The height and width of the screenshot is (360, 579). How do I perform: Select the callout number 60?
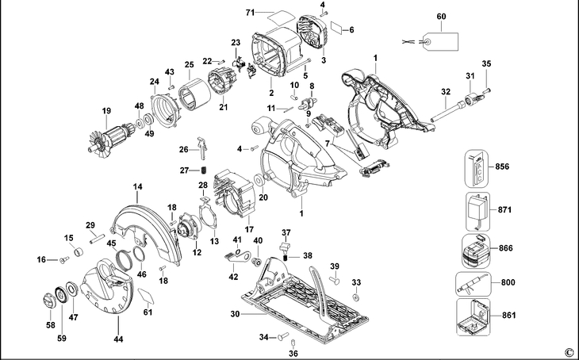pyautogui.click(x=441, y=15)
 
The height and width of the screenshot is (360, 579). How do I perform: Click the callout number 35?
pyautogui.click(x=487, y=63)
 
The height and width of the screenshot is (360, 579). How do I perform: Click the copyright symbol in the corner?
pyautogui.click(x=568, y=351)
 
